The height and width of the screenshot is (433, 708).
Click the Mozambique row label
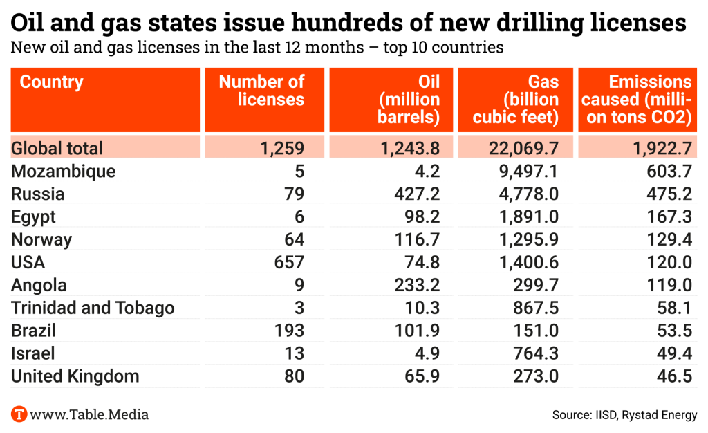63,172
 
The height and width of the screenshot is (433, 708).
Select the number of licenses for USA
290,263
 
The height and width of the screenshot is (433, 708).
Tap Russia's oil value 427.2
421,194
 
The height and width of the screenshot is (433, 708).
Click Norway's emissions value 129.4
670,240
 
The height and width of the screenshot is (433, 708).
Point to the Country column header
51,82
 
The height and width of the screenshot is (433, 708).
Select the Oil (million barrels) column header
409,99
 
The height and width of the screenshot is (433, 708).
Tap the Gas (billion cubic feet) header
525,99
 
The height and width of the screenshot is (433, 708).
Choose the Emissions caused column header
640,99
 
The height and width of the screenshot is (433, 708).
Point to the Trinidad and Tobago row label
93,308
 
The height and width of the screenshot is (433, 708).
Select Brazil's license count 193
290,331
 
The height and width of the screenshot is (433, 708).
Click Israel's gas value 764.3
534,353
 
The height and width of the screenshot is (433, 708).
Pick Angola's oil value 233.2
421,286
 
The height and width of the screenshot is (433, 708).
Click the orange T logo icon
19,414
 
